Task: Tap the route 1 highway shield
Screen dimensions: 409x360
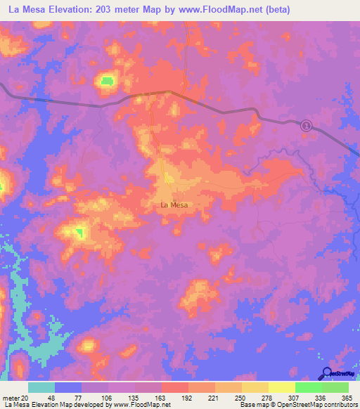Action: click(307, 125)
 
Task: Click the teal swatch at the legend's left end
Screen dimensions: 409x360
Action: click(41, 387)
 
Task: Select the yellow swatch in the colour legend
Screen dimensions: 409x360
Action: click(281, 387)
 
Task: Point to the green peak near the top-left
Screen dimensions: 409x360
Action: click(107, 82)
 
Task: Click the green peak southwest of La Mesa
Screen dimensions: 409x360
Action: click(79, 231)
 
